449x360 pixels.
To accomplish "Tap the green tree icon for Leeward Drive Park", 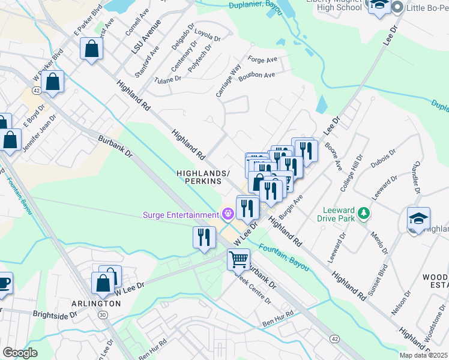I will pos(363,214).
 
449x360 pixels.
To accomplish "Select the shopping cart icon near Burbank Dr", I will pos(238,260).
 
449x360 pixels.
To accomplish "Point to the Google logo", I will pos(20,353).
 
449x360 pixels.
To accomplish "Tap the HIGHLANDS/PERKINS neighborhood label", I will pos(203,177).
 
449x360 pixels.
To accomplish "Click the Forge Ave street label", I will pos(262,60).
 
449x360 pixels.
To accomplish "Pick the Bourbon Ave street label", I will pos(256,75).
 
